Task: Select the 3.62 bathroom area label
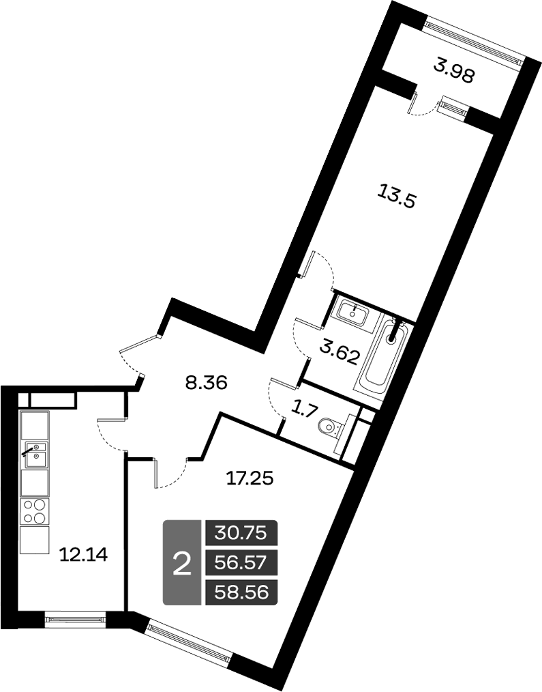tap(340, 353)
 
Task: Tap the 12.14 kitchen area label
tap(84, 555)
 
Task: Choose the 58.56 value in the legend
tap(241, 592)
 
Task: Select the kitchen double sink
tap(35, 455)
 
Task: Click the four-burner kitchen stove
tap(35, 511)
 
